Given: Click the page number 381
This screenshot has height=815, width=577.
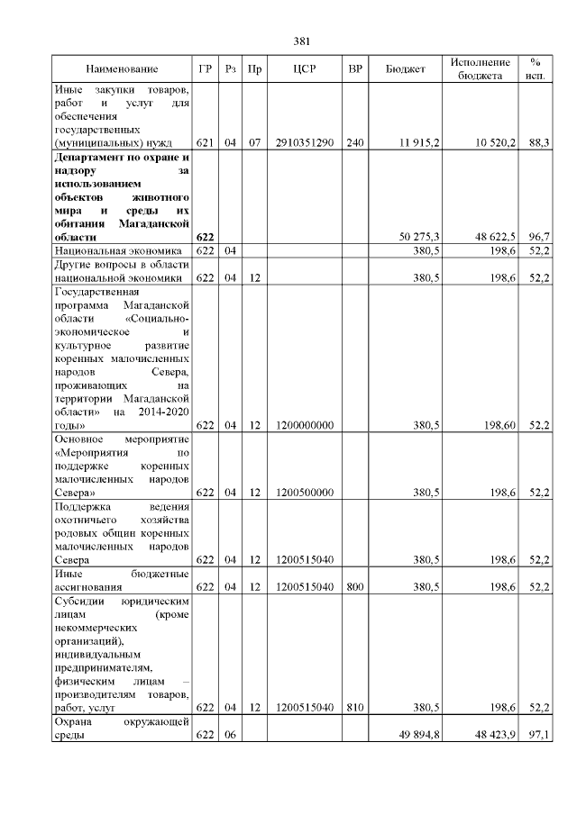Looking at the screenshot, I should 302,41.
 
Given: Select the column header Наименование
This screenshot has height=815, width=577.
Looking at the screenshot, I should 122,69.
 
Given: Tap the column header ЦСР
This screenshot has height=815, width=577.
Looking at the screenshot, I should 303,69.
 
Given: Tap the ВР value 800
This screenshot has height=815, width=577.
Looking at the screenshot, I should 355,587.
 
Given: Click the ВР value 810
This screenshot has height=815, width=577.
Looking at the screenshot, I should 355,709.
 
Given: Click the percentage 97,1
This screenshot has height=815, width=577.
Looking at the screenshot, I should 539,736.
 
